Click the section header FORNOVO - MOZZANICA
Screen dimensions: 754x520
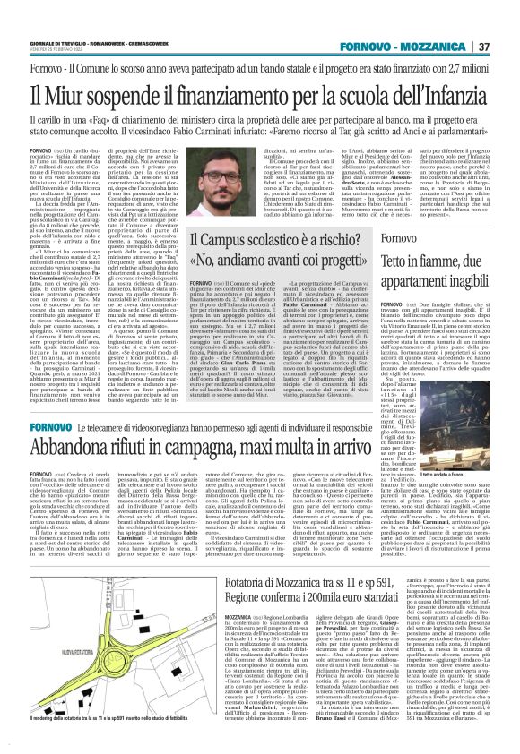pyautogui.click(x=420, y=47)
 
